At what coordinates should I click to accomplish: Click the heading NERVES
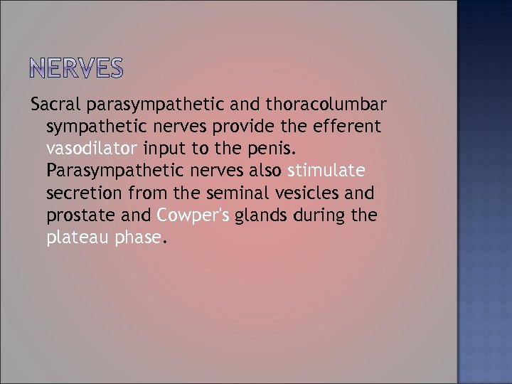(78, 68)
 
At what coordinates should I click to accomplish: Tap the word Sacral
(56, 105)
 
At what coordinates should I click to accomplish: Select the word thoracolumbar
(326, 105)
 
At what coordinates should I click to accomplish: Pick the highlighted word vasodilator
(92, 149)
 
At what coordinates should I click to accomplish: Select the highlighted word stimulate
(326, 171)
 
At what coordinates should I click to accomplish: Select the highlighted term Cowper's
(193, 215)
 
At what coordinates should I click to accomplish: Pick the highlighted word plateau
(75, 238)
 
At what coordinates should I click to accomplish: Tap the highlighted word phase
(135, 238)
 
